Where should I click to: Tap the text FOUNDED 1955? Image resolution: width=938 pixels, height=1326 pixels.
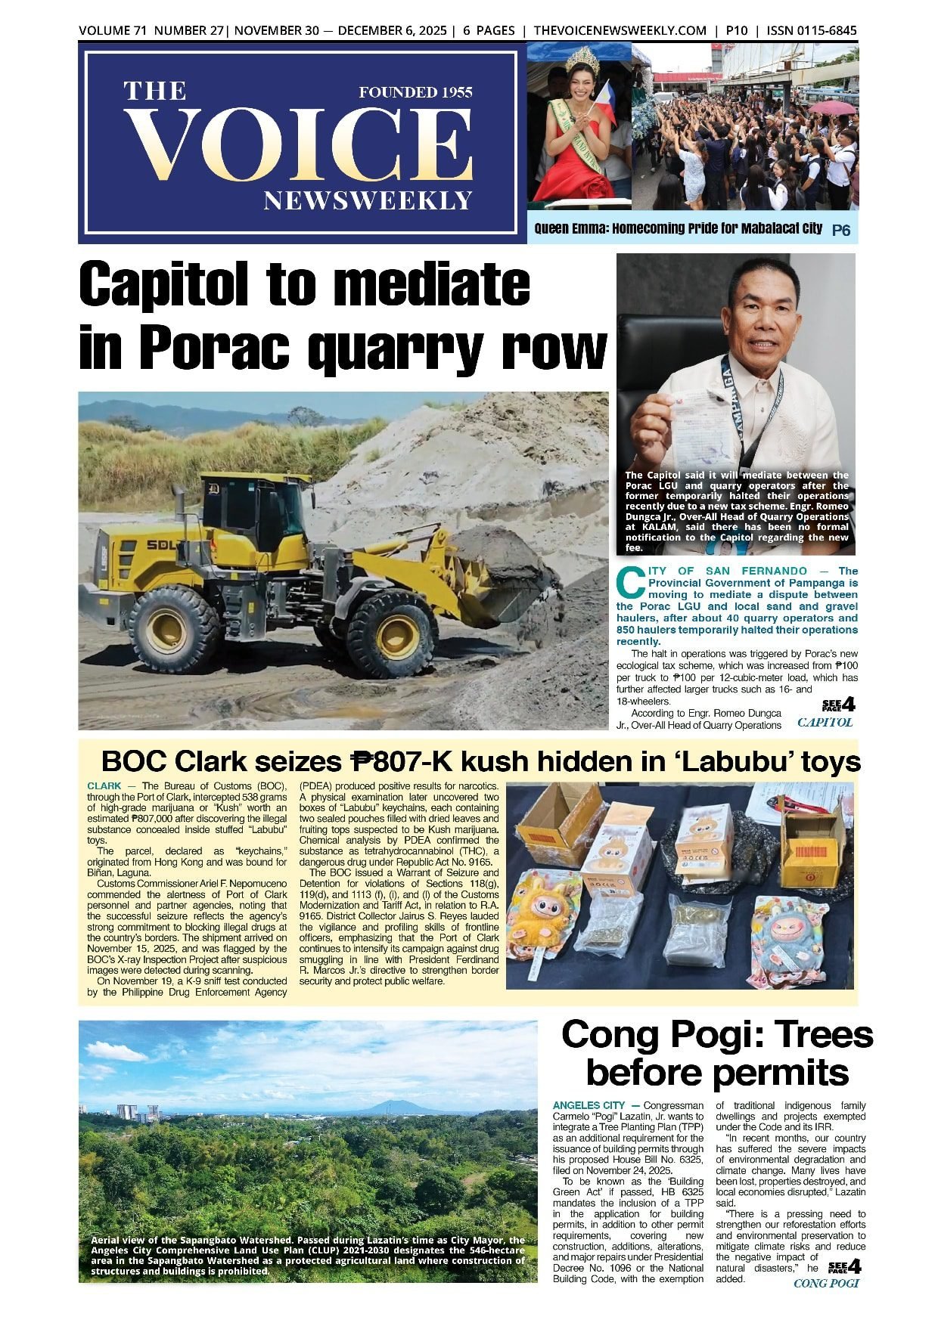pyautogui.click(x=415, y=92)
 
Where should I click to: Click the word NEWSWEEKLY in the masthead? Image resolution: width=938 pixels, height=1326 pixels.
pyautogui.click(x=368, y=200)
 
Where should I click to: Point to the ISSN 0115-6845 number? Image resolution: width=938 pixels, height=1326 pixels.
pyautogui.click(x=812, y=31)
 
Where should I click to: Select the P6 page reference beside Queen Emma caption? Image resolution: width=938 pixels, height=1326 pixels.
pyautogui.click(x=840, y=231)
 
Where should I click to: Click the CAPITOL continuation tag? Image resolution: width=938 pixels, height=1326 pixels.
pyautogui.click(x=825, y=722)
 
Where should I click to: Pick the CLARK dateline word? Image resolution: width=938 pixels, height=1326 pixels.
pyautogui.click(x=104, y=786)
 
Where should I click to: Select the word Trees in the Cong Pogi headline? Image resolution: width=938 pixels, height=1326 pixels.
pyautogui.click(x=815, y=1034)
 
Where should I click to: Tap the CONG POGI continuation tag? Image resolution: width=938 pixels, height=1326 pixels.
pyautogui.click(x=826, y=1283)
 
